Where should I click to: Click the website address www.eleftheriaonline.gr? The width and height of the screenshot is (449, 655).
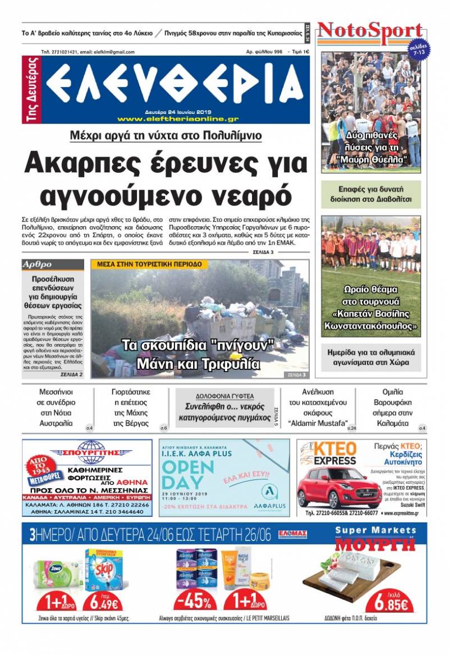click(x=178, y=118)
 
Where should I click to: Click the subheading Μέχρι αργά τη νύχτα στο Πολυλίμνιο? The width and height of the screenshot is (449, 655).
click(x=166, y=135)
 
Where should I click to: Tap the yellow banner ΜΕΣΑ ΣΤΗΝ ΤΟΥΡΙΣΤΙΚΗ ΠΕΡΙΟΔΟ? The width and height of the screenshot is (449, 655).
click(x=149, y=264)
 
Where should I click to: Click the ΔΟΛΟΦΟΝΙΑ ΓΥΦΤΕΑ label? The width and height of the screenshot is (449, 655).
click(x=224, y=396)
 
